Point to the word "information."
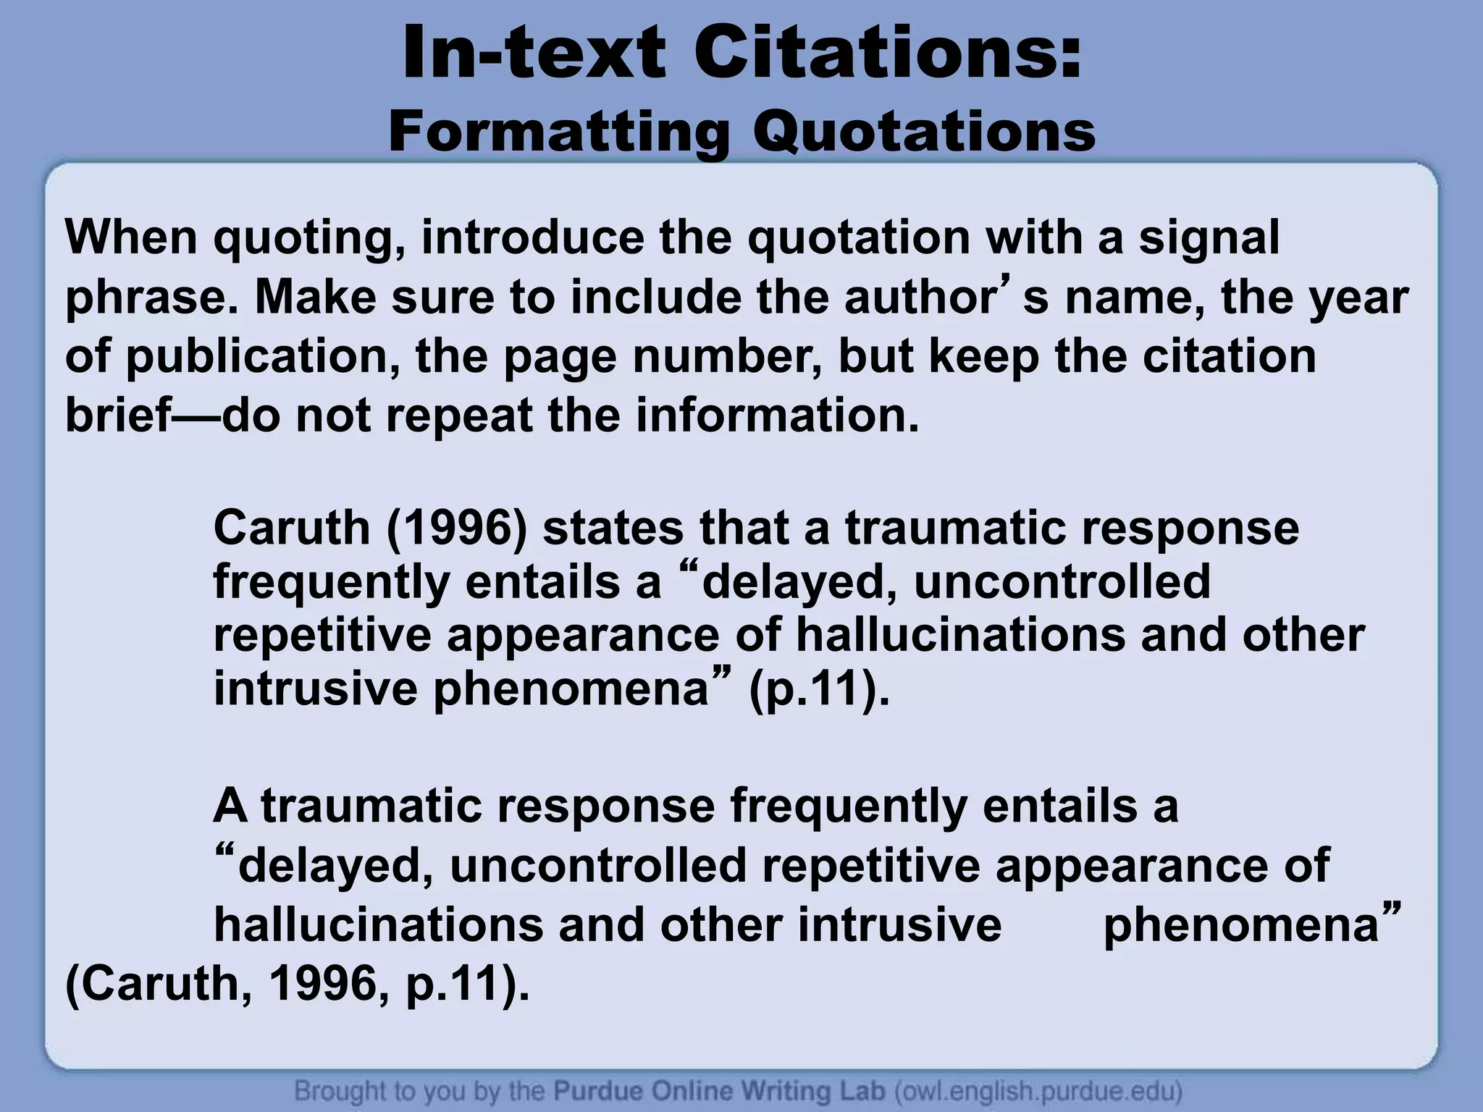pos(778,416)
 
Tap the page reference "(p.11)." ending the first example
pos(818,689)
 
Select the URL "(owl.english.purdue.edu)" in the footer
pos(1039,1090)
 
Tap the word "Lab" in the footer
pos(865,1090)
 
